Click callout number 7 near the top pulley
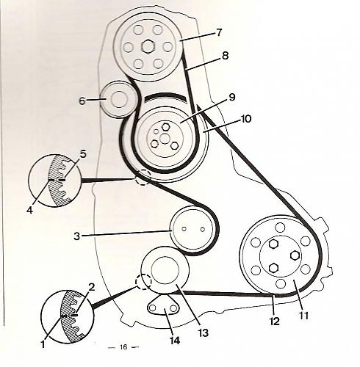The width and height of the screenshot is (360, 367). click(x=219, y=32)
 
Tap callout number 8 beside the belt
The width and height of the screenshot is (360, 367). click(x=225, y=56)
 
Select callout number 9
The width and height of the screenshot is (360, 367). click(x=232, y=97)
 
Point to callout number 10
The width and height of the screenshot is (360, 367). click(x=246, y=119)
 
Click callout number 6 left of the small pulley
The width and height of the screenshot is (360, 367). click(x=82, y=101)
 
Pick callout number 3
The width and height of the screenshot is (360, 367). click(x=77, y=236)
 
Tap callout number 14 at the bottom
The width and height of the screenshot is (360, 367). click(x=175, y=340)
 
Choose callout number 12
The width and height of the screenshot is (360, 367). click(x=275, y=321)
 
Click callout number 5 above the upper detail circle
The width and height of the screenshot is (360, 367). click(x=83, y=154)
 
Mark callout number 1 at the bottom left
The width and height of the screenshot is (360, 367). click(x=43, y=344)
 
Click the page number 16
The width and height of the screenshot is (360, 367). click(x=123, y=346)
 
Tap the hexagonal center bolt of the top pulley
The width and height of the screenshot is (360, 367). click(x=148, y=46)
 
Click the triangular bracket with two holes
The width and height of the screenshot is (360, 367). click(x=163, y=305)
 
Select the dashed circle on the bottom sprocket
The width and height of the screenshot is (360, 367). click(x=144, y=282)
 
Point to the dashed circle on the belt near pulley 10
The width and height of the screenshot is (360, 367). click(x=143, y=177)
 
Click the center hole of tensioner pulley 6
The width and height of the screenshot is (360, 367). click(x=119, y=100)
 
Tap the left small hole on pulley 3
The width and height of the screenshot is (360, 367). click(x=184, y=229)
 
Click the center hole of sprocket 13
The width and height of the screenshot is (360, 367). click(x=165, y=270)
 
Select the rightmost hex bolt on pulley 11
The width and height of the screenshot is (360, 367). click(x=295, y=255)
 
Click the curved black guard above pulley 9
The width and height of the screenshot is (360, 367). click(x=166, y=96)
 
